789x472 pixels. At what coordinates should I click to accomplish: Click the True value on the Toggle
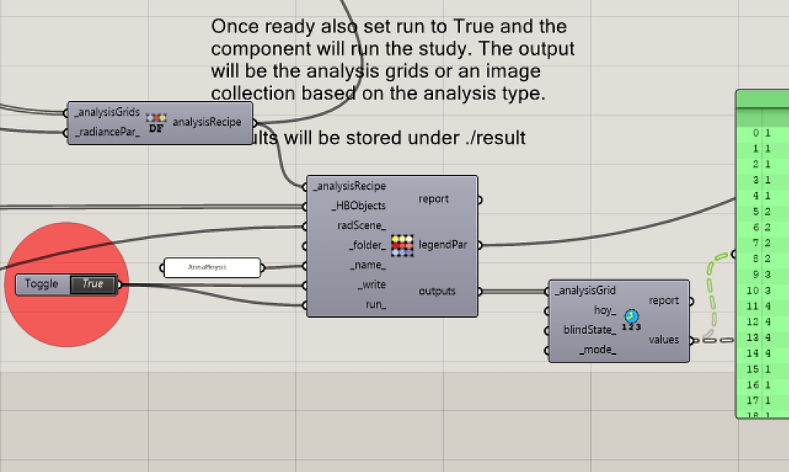(x=92, y=285)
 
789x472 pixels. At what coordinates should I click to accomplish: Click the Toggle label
(x=42, y=285)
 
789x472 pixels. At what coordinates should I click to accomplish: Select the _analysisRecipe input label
(x=350, y=187)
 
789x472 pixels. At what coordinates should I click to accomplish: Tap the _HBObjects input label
(x=358, y=206)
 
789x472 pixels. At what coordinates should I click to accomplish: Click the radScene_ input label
(x=361, y=226)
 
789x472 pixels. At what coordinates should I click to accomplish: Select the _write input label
(x=371, y=285)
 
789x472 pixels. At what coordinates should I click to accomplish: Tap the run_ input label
(x=375, y=305)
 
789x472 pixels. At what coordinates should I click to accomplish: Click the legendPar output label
(x=443, y=246)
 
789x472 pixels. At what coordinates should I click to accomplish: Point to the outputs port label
(x=437, y=292)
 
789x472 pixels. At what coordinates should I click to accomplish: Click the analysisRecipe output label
(x=207, y=122)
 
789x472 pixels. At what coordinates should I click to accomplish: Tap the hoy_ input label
(x=604, y=311)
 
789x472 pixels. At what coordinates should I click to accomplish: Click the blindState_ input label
(x=589, y=330)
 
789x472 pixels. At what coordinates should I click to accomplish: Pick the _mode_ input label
(x=597, y=350)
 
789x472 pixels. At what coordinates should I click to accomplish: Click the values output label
(x=663, y=339)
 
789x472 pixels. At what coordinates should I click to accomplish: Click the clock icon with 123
(x=632, y=319)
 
